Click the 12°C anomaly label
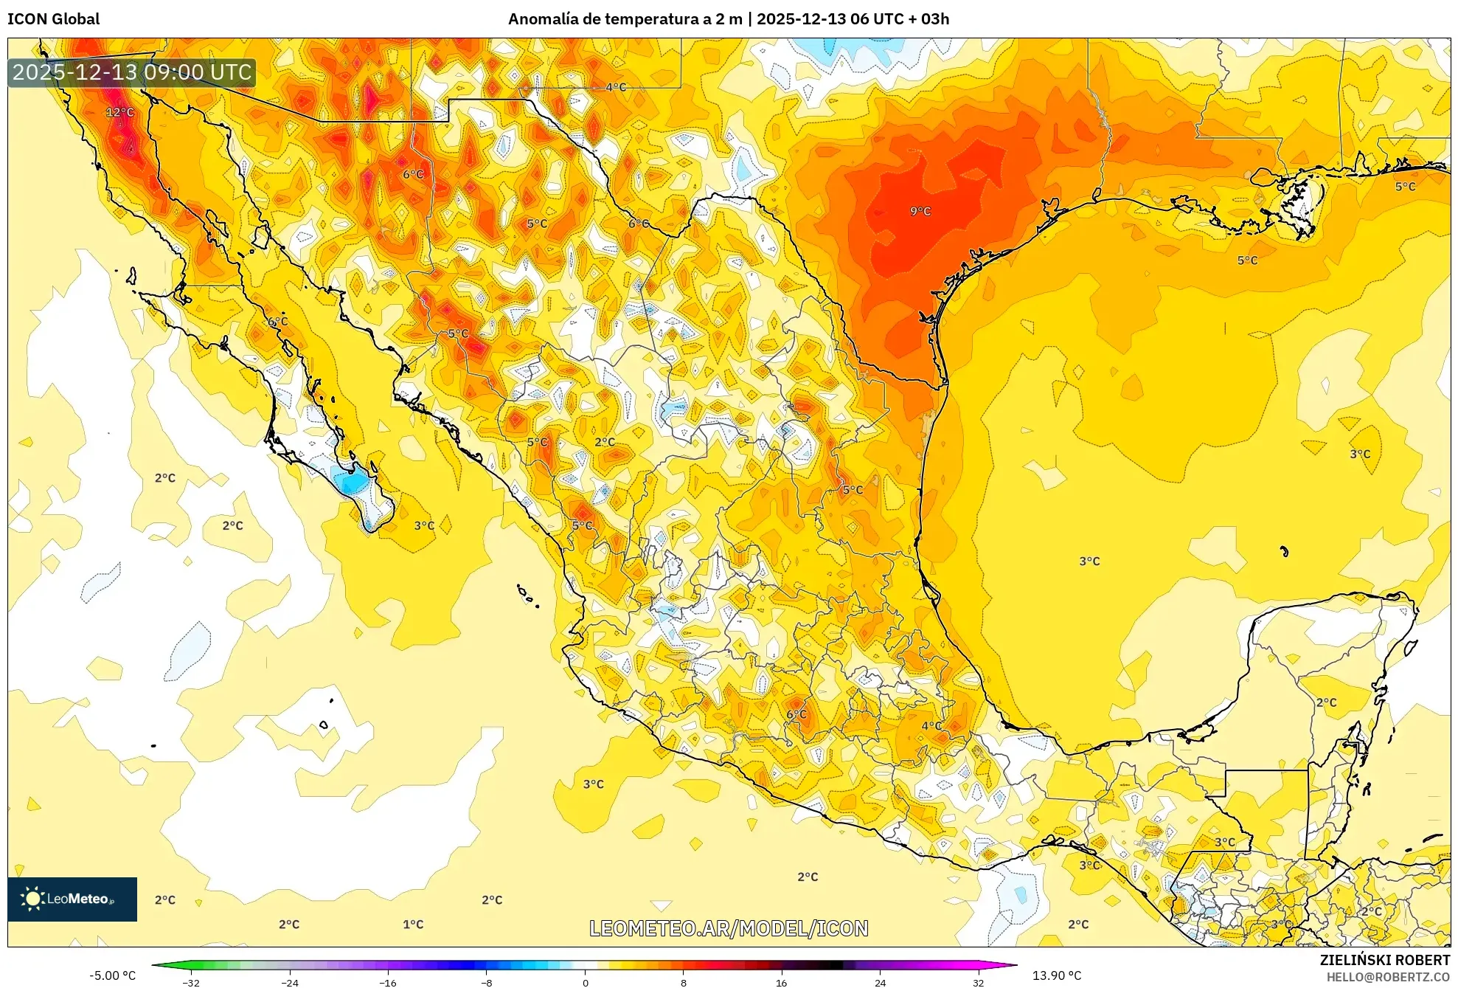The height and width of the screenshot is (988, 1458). [119, 112]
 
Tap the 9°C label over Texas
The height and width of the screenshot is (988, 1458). [920, 211]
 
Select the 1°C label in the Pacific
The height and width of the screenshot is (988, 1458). [413, 924]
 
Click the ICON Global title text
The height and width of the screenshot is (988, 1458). [53, 18]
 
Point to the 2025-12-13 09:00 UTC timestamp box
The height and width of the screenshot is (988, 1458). [132, 72]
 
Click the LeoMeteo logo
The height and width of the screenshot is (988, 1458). [72, 899]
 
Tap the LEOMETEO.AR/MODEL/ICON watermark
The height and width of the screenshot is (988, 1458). [729, 928]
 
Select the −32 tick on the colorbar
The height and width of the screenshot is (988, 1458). [191, 982]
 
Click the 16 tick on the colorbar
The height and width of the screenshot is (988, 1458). [782, 982]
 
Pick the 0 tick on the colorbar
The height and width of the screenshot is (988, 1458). [585, 982]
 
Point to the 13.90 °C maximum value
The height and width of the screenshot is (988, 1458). [1056, 975]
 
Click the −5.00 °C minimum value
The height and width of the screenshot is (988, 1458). [112, 975]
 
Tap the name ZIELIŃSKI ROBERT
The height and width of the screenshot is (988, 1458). [1384, 960]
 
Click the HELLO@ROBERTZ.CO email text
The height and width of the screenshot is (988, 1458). [1387, 977]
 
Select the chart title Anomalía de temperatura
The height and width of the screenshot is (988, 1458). [728, 18]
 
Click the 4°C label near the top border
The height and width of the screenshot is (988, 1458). [616, 87]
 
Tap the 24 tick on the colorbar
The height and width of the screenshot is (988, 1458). [880, 982]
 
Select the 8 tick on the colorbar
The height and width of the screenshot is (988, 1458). [684, 982]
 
